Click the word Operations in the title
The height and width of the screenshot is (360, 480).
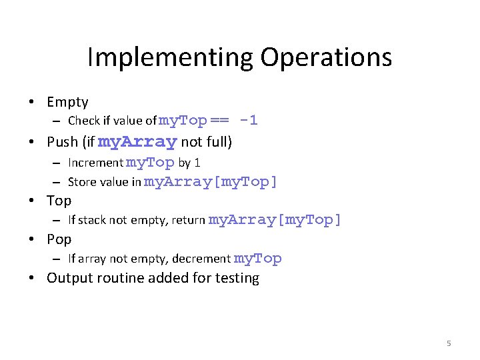(326, 57)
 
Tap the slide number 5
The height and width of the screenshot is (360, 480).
(449, 343)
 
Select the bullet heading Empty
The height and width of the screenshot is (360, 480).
(67, 102)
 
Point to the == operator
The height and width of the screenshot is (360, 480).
(219, 121)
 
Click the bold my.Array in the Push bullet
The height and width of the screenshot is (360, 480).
(137, 142)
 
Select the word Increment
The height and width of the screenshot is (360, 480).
(95, 163)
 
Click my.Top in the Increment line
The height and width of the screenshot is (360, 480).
(150, 163)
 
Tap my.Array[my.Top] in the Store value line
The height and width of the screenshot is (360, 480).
(211, 182)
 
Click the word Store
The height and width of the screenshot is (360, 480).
(81, 182)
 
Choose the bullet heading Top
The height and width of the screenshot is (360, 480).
(59, 200)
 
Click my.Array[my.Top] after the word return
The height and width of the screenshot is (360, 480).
(275, 220)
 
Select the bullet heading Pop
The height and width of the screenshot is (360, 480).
(59, 239)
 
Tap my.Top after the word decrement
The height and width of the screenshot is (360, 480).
(257, 259)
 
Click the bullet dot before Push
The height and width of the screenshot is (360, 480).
(32, 142)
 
